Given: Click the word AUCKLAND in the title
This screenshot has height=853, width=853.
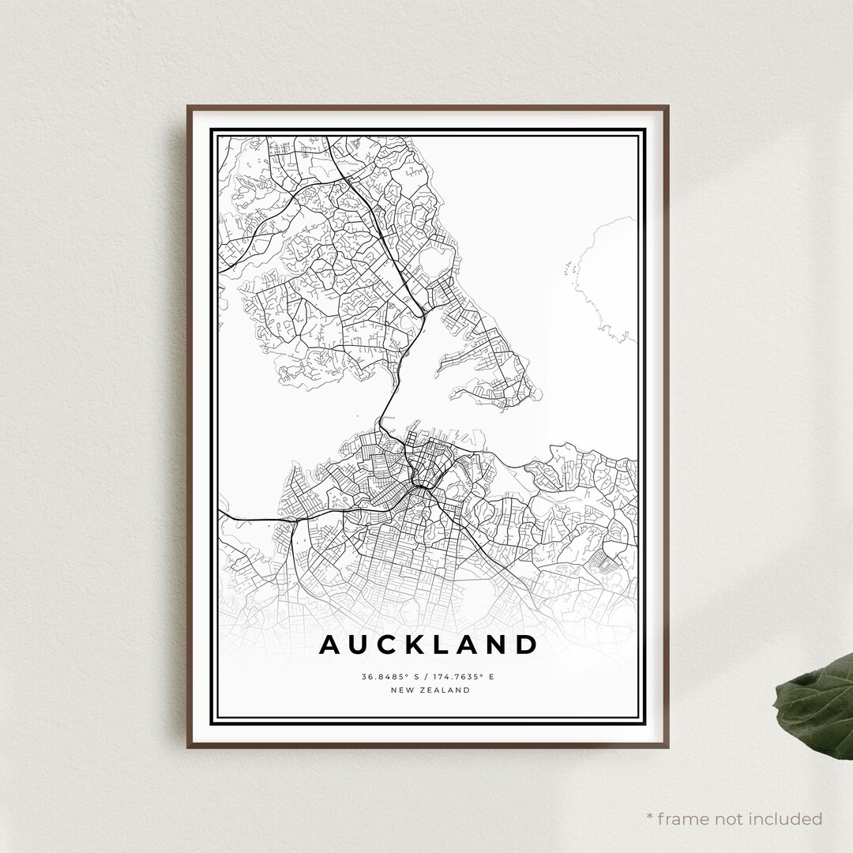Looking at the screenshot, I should pos(428,644).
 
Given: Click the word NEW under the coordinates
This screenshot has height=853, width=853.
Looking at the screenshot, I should pos(402,690).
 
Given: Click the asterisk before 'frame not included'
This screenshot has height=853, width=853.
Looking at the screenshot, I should pos(650,818).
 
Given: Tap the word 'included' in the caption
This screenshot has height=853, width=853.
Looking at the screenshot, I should pos(787,818).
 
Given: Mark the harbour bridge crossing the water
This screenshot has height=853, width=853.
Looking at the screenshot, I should pos(385,403).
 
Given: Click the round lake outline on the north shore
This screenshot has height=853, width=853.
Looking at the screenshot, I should pos(436,261).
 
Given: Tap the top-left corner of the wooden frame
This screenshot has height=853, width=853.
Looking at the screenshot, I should pos(189,107).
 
